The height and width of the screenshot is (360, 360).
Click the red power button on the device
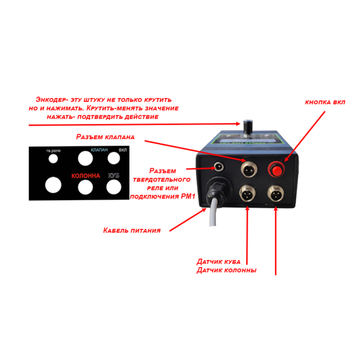[276, 169]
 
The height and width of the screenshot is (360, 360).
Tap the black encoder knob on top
[247, 126]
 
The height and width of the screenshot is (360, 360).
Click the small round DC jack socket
[218, 166]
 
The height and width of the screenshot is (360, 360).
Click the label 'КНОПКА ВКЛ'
[325, 102]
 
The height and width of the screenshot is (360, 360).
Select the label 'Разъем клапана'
[105, 137]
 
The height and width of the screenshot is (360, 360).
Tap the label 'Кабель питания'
[132, 230]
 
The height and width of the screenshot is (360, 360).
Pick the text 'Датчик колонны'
[226, 270]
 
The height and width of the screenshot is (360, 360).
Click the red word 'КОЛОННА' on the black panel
[85, 176]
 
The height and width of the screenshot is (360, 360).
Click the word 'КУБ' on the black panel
[113, 176]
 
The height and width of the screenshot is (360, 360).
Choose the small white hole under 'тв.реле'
[53, 158]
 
